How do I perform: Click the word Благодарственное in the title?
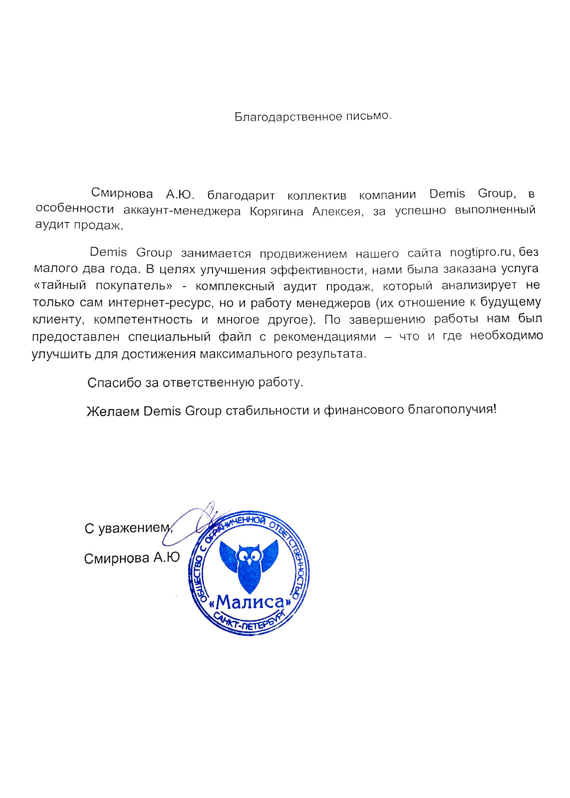pos(288,117)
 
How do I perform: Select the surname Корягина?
pos(276,211)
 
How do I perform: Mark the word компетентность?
pos(143,320)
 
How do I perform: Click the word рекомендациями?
pos(324,337)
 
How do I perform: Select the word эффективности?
pos(317,270)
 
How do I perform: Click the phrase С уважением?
pos(128,528)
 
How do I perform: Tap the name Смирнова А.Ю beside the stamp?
pos(132,558)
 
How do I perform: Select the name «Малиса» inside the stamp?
pos(250,602)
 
